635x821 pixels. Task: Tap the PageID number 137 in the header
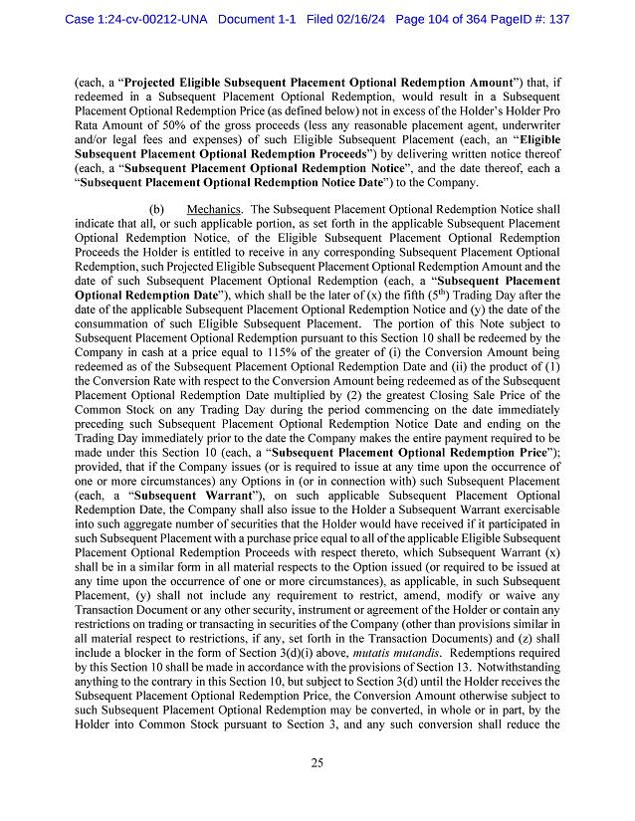pyautogui.click(x=557, y=19)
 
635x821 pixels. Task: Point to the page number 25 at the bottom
pyautogui.click(x=317, y=763)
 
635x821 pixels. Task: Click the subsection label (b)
pyautogui.click(x=156, y=210)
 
